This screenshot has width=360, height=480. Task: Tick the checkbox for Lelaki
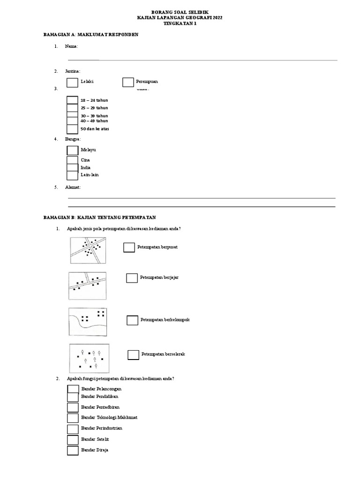click(x=72, y=82)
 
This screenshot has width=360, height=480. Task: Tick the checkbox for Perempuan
click(x=128, y=82)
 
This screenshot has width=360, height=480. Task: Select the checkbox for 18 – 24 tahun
click(x=72, y=100)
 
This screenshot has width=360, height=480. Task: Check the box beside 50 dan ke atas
click(x=72, y=129)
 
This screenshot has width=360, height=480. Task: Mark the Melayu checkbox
click(x=72, y=150)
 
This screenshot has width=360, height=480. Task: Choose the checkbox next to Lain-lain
click(x=72, y=175)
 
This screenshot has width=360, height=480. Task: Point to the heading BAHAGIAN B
click(x=99, y=218)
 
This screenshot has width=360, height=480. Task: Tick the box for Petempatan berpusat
click(x=129, y=247)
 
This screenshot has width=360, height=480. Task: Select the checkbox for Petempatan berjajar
click(x=132, y=278)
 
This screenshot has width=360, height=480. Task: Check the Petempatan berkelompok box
click(x=133, y=320)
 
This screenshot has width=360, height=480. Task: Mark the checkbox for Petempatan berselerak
click(x=134, y=354)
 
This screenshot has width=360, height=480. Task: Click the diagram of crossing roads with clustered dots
click(x=88, y=250)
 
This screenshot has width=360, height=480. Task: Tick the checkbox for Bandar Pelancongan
click(x=73, y=389)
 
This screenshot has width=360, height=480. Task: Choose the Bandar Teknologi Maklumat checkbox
click(x=73, y=418)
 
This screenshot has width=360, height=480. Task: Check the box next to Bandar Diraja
click(x=73, y=450)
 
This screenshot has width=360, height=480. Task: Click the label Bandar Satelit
click(x=95, y=439)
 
